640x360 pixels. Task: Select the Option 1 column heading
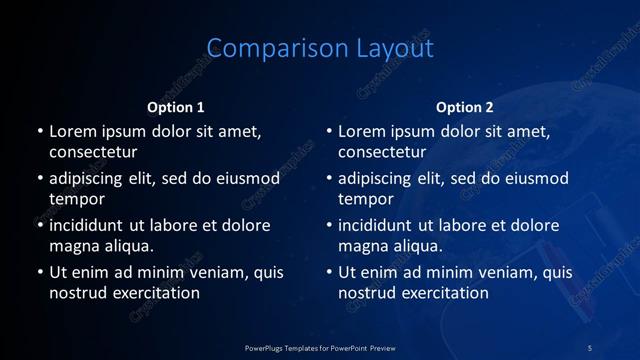pos(176,107)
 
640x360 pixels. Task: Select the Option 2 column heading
pos(465,107)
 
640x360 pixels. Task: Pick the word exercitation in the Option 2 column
pos(443,293)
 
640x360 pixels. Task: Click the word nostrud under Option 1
pos(76,293)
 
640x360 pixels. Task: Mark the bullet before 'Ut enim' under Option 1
pos(39,272)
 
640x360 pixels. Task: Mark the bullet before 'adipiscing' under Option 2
pos(328,178)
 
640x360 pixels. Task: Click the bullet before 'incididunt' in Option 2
pos(328,225)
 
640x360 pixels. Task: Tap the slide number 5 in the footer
pos(590,347)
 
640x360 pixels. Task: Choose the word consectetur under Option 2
pos(382,152)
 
